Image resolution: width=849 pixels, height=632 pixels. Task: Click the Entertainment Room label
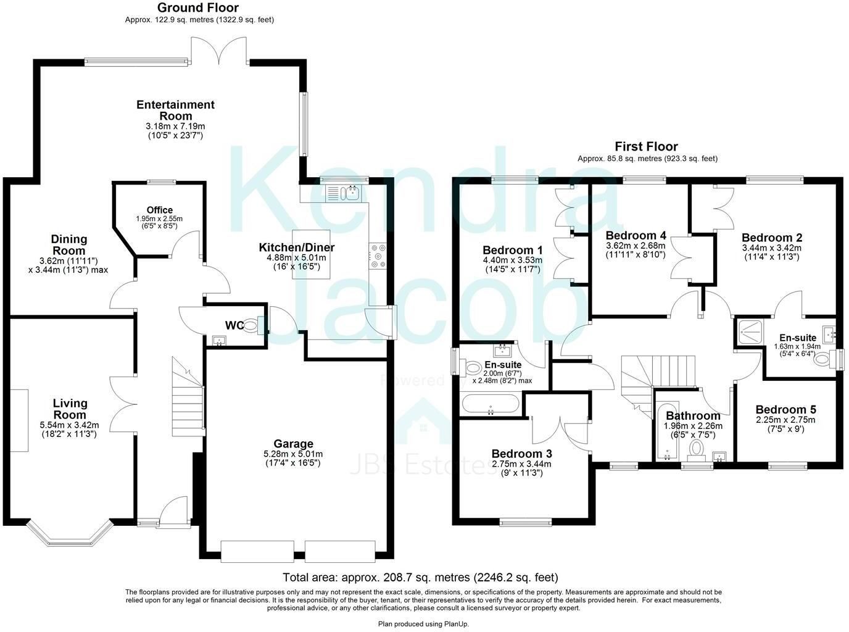click(x=175, y=110)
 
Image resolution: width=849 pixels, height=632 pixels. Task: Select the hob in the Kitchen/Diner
click(x=377, y=256)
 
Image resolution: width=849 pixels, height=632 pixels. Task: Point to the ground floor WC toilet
click(x=251, y=325)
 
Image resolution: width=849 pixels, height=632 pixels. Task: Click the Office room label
click(x=159, y=210)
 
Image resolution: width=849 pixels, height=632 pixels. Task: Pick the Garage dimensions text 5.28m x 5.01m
click(x=294, y=454)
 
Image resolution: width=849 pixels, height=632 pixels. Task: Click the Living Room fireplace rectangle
click(x=19, y=420)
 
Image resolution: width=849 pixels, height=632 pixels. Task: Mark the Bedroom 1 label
click(x=512, y=250)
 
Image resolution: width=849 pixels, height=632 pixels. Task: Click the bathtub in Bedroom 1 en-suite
click(x=491, y=404)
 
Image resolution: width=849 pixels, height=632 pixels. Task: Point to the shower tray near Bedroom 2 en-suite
click(x=748, y=333)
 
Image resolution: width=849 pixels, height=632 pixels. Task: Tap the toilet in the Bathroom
click(x=697, y=448)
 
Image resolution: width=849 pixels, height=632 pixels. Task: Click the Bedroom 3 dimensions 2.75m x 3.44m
click(x=521, y=464)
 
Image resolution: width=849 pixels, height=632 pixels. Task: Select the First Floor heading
click(x=646, y=146)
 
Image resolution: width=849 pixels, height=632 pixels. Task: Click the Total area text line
click(x=420, y=578)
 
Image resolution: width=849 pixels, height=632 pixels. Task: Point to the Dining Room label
click(x=68, y=244)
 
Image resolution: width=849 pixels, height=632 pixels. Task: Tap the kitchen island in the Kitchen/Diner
click(x=312, y=254)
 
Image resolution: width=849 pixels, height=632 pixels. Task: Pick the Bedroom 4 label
click(x=636, y=235)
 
